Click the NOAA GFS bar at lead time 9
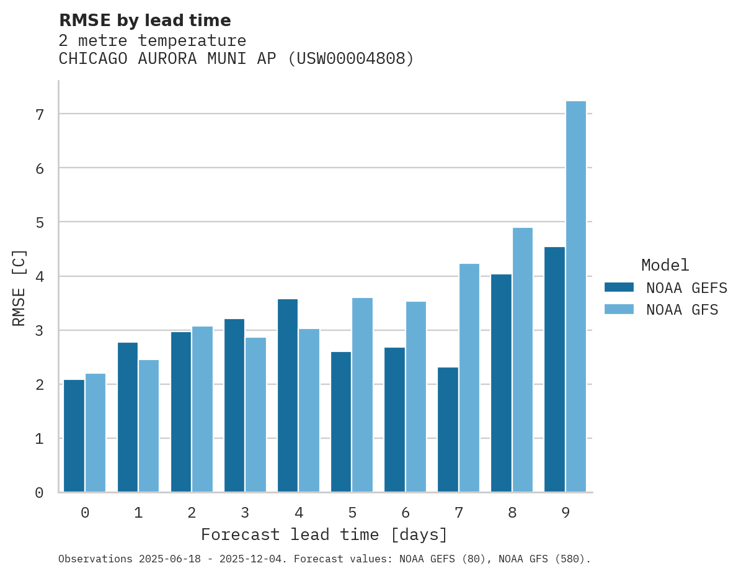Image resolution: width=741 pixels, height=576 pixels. click(576, 297)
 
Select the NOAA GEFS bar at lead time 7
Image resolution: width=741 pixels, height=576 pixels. click(448, 430)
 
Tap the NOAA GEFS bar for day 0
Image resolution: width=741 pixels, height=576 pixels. click(74, 436)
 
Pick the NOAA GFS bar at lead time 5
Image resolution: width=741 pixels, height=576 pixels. click(363, 395)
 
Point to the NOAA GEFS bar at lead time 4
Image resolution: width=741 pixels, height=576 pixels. click(288, 395)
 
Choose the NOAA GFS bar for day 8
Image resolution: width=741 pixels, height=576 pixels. click(523, 360)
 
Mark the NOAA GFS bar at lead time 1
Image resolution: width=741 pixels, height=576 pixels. click(149, 426)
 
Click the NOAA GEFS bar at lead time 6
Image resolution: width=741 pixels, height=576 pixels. click(394, 420)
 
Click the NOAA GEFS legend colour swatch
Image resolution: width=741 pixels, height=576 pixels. click(619, 287)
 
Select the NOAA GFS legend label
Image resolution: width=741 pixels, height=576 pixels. click(682, 310)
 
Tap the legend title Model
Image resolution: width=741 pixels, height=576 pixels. click(665, 266)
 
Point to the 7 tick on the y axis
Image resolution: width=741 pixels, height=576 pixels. click(40, 114)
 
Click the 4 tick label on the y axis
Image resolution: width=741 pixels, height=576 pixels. click(40, 276)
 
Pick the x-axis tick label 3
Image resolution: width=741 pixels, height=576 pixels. click(245, 513)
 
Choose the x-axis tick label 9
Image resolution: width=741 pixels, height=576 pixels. click(566, 513)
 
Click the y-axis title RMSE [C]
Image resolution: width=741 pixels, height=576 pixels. click(20, 287)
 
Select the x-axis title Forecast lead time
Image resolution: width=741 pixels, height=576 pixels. click(324, 534)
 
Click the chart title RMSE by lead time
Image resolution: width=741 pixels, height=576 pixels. click(144, 20)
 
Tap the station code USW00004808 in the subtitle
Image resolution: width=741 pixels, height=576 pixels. click(352, 59)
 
